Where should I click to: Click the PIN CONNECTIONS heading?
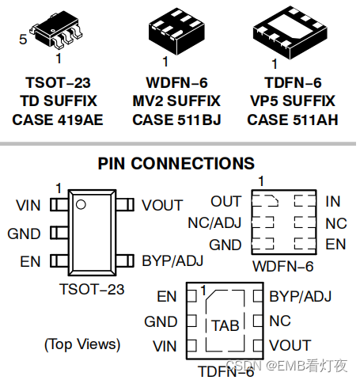pos(176,164)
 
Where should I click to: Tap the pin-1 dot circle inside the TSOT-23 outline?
pos(81,204)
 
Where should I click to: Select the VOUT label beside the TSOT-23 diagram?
pos(162,205)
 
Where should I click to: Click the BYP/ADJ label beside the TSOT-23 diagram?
pos(172,261)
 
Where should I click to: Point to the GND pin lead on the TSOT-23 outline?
pos(59,233)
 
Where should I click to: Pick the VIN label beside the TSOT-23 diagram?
pos(28,205)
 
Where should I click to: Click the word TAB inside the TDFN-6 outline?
pos(225,325)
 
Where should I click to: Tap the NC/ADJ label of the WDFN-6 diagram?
pos(214,223)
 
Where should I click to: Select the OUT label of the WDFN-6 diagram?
pos(226,202)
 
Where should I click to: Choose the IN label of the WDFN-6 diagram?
pos(333,202)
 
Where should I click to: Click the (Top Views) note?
pos(82,344)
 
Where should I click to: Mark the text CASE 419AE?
pos(58,120)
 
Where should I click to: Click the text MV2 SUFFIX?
pos(176,101)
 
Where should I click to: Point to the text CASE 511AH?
pos(293,120)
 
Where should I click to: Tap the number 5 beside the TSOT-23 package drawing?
pos(23,40)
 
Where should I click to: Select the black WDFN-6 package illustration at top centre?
pos(176,31)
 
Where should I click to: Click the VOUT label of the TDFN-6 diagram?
pos(290,345)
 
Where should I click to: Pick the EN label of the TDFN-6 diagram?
pos(167,297)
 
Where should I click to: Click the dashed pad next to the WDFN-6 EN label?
pos(305,244)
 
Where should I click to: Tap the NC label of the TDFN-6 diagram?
pos(280,321)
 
